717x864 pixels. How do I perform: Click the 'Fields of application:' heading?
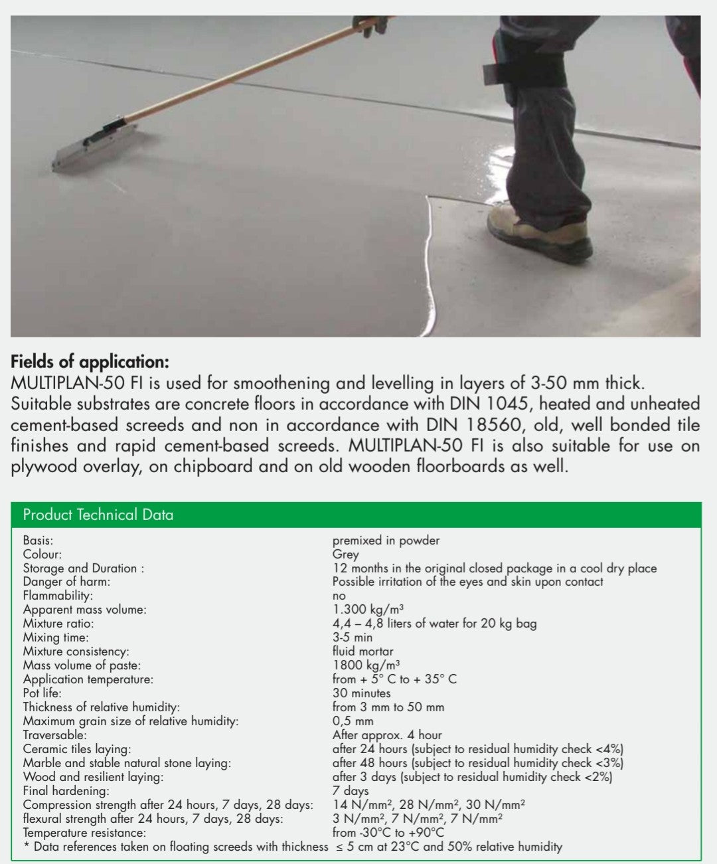tap(90, 362)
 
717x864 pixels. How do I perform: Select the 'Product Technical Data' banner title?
tap(98, 515)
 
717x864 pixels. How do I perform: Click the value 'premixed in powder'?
tap(386, 541)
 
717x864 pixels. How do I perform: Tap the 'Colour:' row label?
tap(42, 555)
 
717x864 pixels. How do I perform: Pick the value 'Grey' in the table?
tap(345, 555)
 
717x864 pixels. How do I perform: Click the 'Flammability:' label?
tap(58, 596)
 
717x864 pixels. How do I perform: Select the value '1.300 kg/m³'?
tap(368, 609)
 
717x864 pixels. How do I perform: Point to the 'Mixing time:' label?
tap(55, 638)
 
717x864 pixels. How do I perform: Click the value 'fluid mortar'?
tap(362, 651)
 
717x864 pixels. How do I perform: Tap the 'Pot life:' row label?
tap(42, 693)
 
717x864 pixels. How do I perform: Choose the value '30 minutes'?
tap(361, 693)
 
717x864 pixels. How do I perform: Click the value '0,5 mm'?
tap(353, 721)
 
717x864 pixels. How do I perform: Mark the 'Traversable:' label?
tap(54, 735)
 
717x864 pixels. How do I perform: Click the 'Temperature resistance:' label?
tap(84, 833)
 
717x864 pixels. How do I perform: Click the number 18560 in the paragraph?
tap(495, 425)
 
